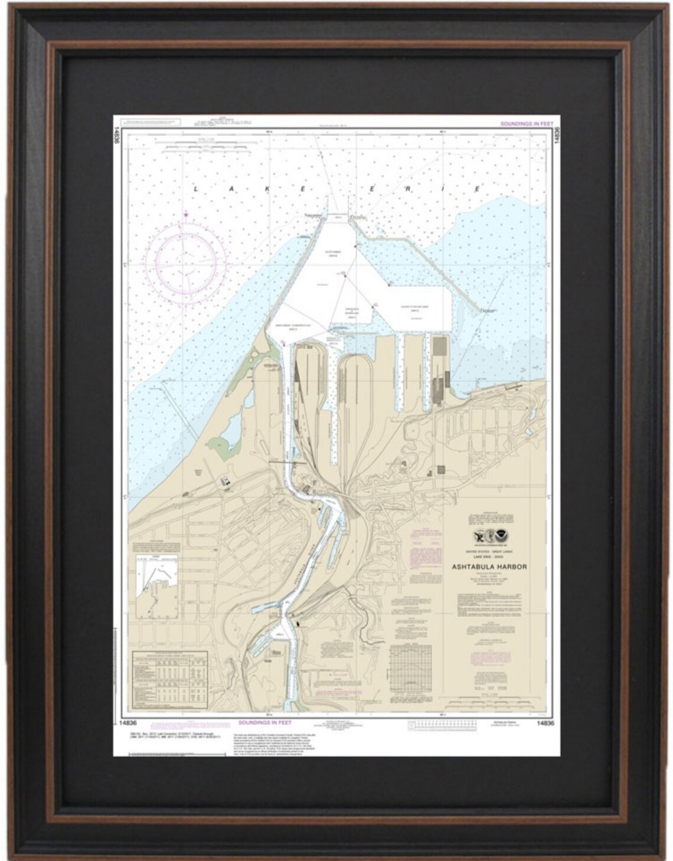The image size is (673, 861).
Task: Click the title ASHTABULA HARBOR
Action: tap(489, 567)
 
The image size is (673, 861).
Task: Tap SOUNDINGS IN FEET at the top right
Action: tap(525, 124)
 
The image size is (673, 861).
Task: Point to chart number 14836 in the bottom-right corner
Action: tap(546, 722)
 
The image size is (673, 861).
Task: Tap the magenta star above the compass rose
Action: tap(186, 214)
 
